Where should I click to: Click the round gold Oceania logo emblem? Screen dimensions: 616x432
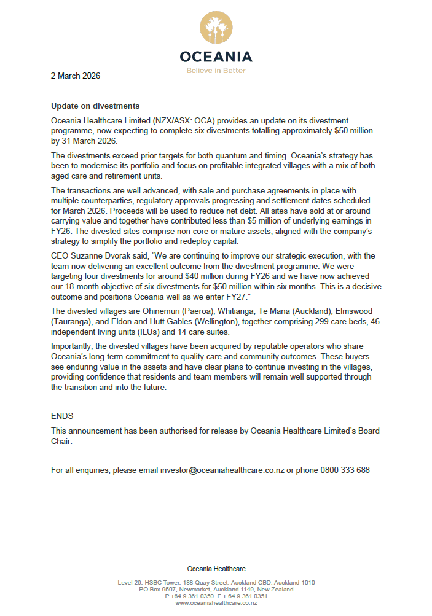pos(216,28)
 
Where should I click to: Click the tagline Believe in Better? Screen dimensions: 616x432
pos(216,71)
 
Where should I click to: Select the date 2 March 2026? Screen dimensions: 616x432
pos(76,76)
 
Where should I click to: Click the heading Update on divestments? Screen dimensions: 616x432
pos(95,106)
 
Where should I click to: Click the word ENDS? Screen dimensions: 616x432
pos(62,416)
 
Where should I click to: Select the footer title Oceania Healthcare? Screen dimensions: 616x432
pos(216,569)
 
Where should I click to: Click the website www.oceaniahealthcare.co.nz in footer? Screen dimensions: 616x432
pos(216,603)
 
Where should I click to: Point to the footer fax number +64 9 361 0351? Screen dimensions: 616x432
pos(245,596)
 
